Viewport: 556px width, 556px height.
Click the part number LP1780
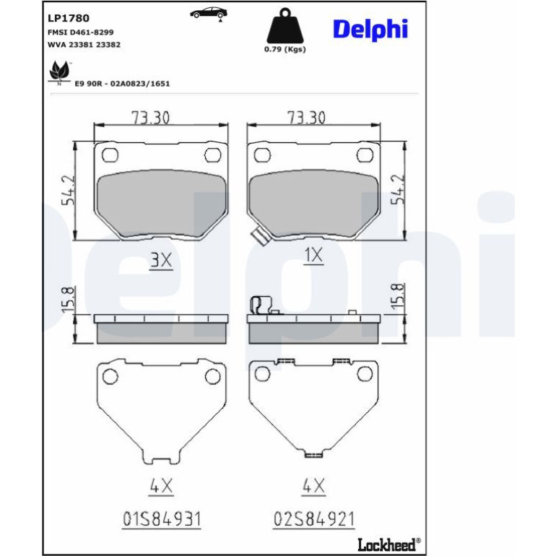pos(69,18)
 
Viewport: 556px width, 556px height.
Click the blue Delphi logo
pos(370,30)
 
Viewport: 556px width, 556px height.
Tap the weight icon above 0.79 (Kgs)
pos(285,26)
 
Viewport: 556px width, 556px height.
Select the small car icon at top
pos(209,14)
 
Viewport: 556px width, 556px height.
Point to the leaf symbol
pos(59,73)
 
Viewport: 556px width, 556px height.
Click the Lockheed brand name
pos(386,544)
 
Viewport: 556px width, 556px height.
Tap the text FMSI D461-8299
pos(80,32)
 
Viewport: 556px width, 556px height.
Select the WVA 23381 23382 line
pos(84,45)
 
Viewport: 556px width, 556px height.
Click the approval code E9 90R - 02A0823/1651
pos(122,84)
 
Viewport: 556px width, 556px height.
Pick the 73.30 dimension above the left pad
pos(151,118)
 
